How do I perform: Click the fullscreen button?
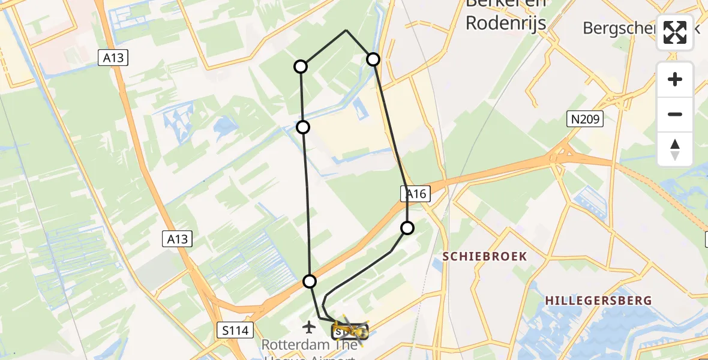tap(675, 32)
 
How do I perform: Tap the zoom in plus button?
tap(675, 80)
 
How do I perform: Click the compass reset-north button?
tap(675, 149)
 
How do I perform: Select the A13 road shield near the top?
tap(113, 58)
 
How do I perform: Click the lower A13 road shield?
tap(178, 239)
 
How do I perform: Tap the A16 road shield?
tap(415, 194)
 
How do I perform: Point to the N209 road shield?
tap(586, 119)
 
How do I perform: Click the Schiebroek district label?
tap(485, 256)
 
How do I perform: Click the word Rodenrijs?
tap(505, 23)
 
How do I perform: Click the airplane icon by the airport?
tap(309, 328)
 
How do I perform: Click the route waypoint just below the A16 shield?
tap(407, 228)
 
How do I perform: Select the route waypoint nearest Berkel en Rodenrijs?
tap(373, 59)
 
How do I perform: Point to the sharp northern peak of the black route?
tap(346, 30)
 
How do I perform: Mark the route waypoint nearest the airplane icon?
tap(310, 281)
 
